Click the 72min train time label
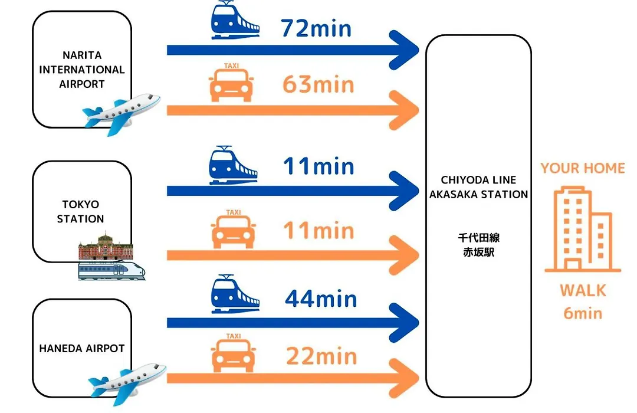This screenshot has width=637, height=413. pos(316,28)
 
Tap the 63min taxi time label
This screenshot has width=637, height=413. pos(318,84)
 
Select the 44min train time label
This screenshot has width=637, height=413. pos(320,299)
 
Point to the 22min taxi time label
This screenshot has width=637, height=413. pos(321,356)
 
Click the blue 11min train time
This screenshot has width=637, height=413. pos(318,166)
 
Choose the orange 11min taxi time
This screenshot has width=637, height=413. pos(318,231)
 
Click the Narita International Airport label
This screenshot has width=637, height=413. pos(81,70)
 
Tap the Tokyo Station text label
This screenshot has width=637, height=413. pos(80,211)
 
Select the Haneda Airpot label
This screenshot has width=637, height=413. pos(81,348)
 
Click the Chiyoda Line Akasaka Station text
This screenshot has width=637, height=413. pos(478,187)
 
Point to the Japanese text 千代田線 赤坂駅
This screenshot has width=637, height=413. pos(478,245)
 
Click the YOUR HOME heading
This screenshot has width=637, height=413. pos(583,168)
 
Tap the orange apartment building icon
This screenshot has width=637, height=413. pos(583,229)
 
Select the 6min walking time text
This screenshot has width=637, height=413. pos(583,313)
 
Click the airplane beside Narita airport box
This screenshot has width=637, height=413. pos(121,113)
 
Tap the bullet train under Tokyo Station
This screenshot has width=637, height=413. pos(111,270)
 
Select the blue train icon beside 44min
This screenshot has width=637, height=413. pos(235,294)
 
